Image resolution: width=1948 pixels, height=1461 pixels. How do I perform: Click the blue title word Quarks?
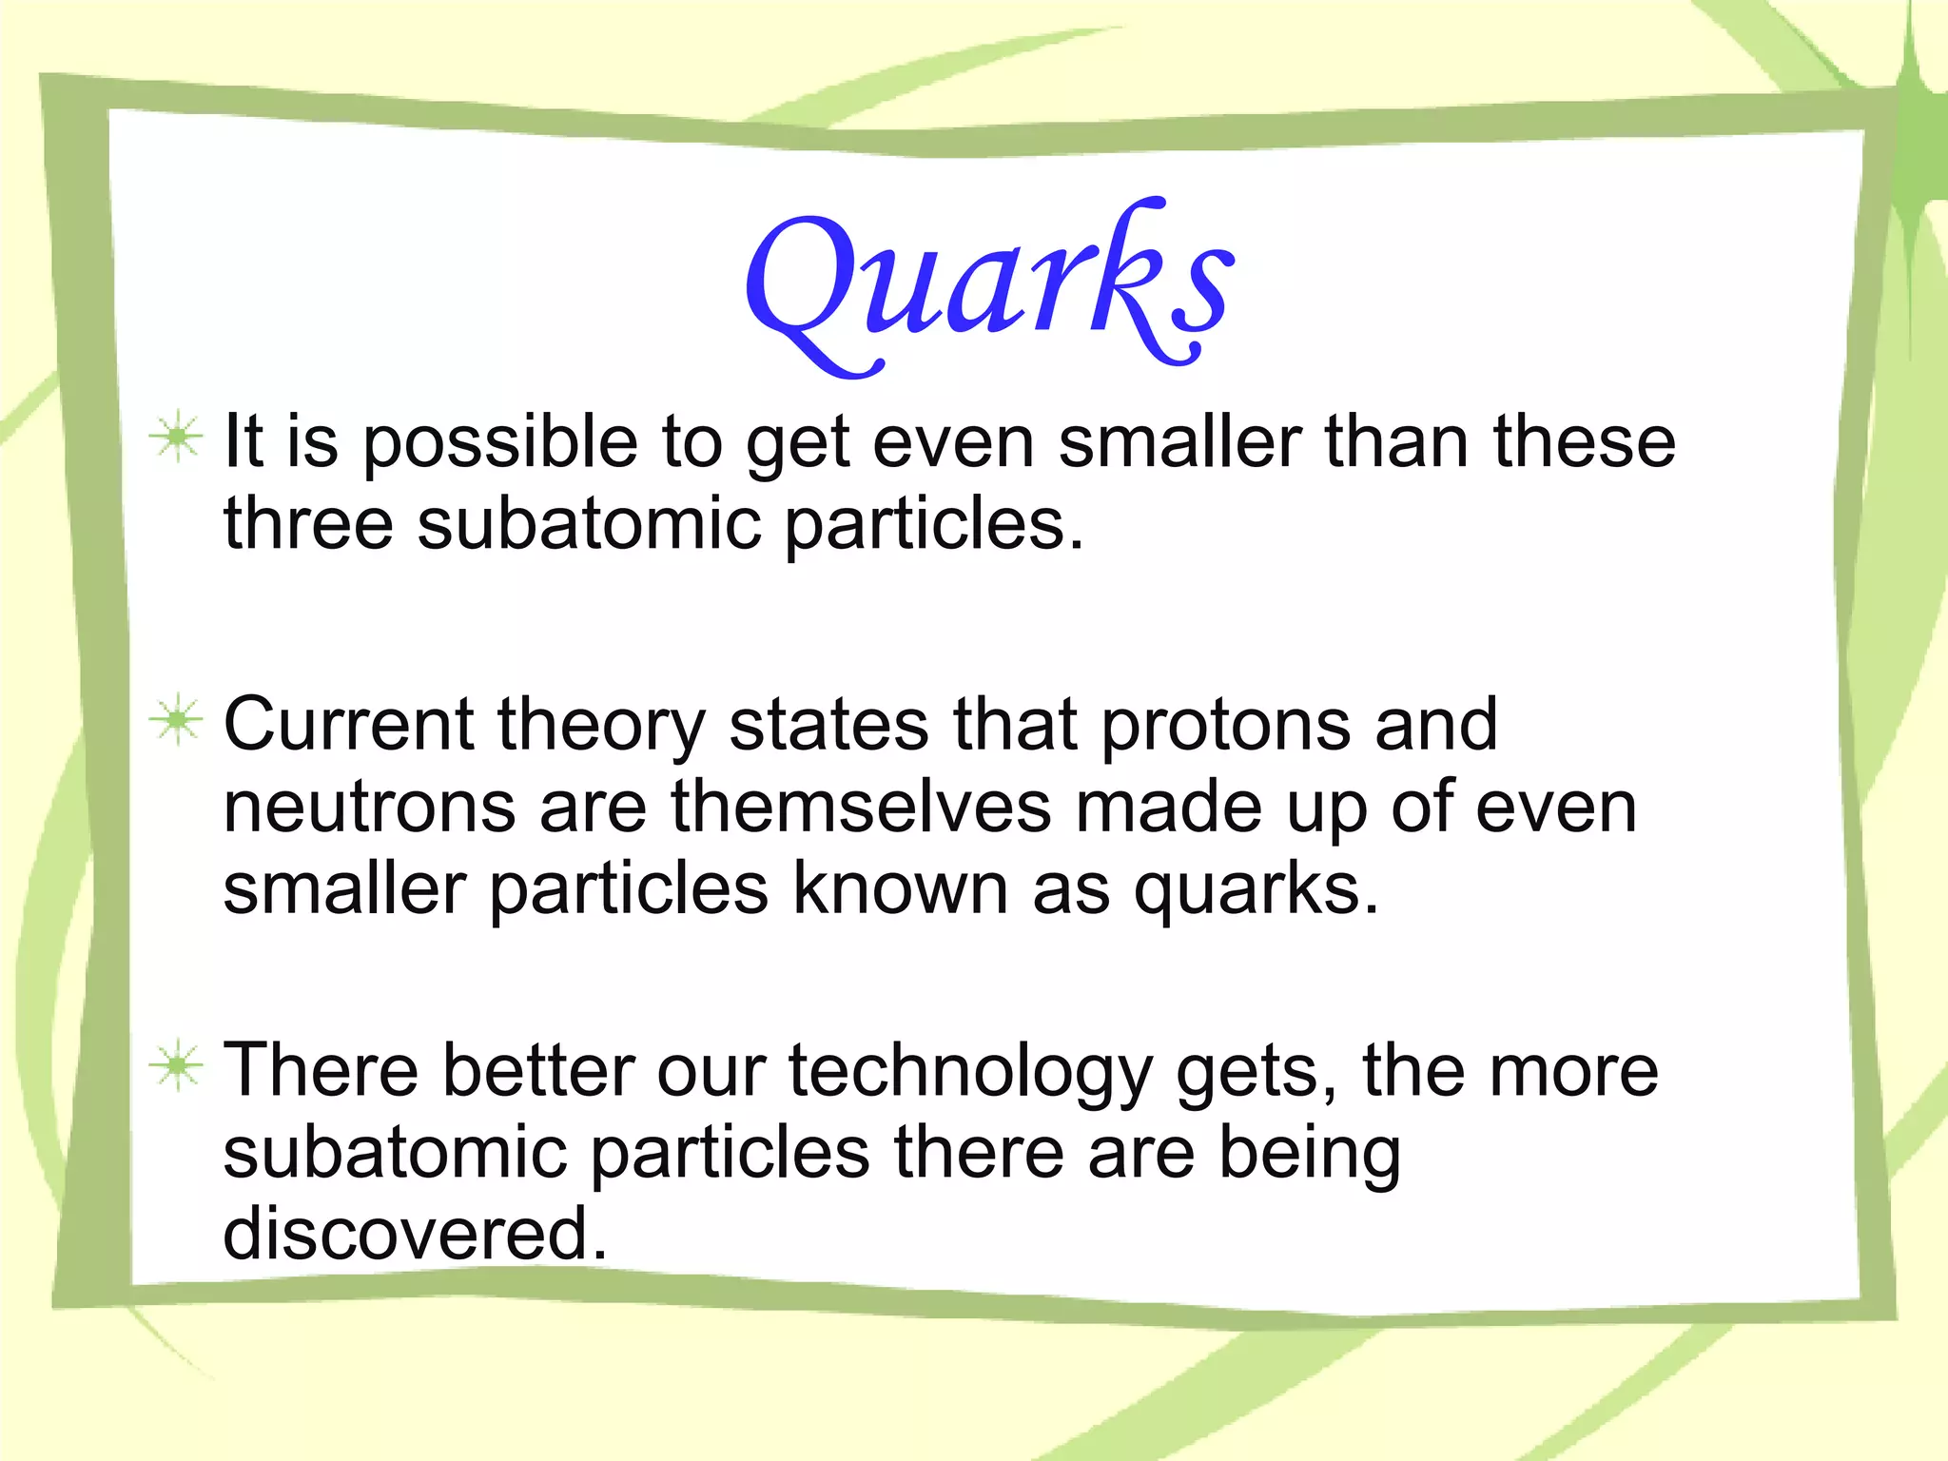pos(989,285)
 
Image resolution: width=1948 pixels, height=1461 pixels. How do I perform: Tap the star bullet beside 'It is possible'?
pos(176,438)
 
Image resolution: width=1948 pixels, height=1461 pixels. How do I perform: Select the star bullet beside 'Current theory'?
pos(176,721)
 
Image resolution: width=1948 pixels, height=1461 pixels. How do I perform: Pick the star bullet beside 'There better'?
pos(176,1066)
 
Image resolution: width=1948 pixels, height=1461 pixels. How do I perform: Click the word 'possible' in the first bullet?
pos(500,443)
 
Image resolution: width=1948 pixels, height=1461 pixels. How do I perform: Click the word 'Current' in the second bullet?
pos(348,725)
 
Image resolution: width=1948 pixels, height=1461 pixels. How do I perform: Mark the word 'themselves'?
pos(861,807)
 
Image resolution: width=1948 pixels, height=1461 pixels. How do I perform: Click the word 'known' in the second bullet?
pos(900,889)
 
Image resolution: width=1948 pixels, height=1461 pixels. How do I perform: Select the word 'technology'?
pos(970,1073)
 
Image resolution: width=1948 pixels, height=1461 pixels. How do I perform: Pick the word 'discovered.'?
pos(415,1235)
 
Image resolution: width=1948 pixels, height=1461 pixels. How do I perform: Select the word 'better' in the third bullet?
pos(537,1071)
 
